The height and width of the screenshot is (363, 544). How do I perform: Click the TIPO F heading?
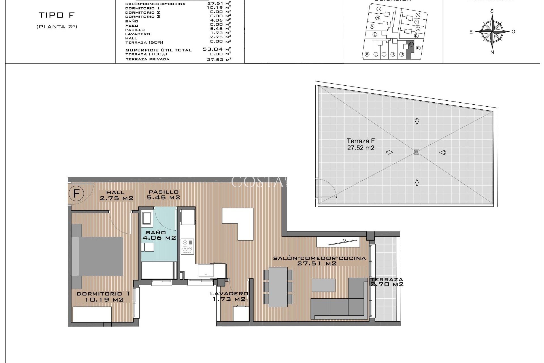(x=56, y=15)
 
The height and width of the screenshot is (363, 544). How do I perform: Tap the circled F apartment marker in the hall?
(x=76, y=194)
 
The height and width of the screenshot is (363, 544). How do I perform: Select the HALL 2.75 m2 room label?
(x=116, y=196)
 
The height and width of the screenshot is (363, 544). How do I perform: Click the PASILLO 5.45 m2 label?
(x=163, y=195)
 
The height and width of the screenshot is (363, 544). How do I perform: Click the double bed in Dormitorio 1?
(x=98, y=256)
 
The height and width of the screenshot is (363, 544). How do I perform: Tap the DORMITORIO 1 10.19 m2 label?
(x=104, y=297)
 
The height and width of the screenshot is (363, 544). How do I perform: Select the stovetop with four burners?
(x=188, y=246)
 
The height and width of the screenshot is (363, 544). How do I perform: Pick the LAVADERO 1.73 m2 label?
(x=229, y=296)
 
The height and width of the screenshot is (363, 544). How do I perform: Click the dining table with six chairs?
(x=278, y=287)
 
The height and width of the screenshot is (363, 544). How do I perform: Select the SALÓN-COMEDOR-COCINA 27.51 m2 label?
(x=319, y=261)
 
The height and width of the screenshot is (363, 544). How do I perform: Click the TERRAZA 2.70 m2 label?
(x=386, y=282)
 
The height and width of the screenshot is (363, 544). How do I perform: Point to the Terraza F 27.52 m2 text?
(x=361, y=144)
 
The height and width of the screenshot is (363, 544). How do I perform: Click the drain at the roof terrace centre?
(x=416, y=152)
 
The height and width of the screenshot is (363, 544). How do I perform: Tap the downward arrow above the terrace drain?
(x=417, y=121)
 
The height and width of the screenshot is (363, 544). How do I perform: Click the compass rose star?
(x=492, y=31)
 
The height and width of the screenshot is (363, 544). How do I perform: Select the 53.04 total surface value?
(x=212, y=49)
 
